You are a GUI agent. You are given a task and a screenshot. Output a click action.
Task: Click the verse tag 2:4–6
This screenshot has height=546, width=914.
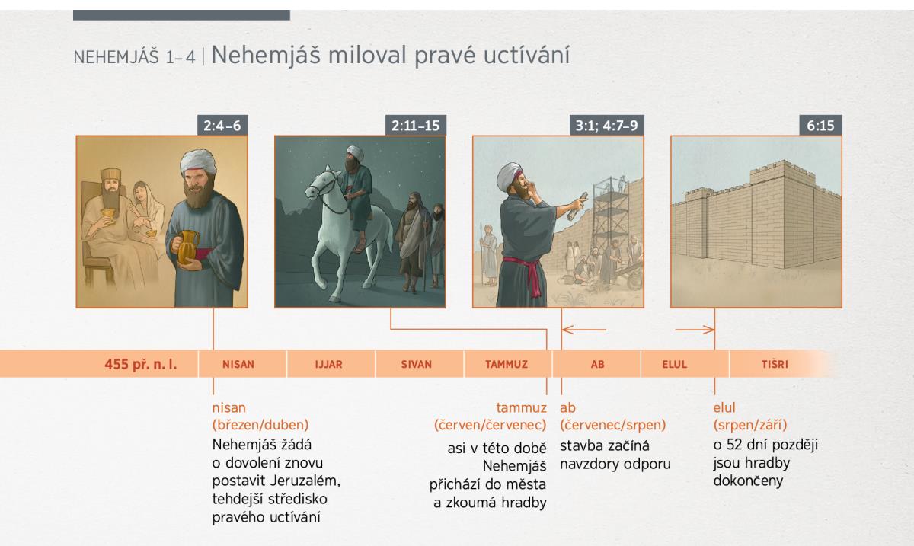222,126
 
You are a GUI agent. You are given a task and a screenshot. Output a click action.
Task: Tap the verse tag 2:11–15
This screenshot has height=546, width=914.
415,126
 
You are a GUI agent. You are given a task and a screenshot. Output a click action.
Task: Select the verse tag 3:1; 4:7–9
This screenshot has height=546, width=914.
606,126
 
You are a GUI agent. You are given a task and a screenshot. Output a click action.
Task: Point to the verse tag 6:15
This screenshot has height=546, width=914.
820,126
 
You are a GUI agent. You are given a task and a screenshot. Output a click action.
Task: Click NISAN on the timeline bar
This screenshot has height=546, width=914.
238,364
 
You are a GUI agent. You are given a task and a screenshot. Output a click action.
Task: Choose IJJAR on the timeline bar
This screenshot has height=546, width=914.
328,364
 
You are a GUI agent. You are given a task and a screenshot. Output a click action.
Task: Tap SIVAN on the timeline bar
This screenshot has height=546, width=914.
416,364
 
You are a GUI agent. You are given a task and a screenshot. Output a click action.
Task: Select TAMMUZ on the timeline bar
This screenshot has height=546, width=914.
507,364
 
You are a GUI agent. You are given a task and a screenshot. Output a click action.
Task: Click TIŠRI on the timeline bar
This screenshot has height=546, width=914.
775,364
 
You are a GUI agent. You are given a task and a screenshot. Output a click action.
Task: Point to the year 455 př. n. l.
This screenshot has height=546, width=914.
141,364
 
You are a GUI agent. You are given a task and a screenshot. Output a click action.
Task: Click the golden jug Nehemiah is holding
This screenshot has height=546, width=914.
187,247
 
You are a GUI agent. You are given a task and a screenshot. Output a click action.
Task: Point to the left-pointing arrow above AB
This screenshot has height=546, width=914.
584,329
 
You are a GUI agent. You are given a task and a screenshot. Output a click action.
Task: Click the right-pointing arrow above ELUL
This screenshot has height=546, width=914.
695,329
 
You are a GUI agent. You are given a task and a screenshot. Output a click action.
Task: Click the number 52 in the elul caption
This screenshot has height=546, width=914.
735,445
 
